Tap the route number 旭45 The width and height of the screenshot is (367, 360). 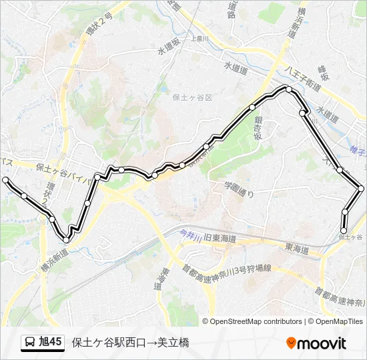point(51,343)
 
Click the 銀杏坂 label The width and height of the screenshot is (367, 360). point(258,127)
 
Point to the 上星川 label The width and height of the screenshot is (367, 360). point(200,39)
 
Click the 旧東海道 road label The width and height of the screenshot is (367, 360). point(217,238)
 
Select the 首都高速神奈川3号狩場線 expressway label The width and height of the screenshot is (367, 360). point(227,268)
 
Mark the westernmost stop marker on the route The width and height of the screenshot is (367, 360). point(6,180)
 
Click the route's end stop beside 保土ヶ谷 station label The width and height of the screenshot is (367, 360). point(344,231)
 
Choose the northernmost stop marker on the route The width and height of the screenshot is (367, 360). point(288,89)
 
